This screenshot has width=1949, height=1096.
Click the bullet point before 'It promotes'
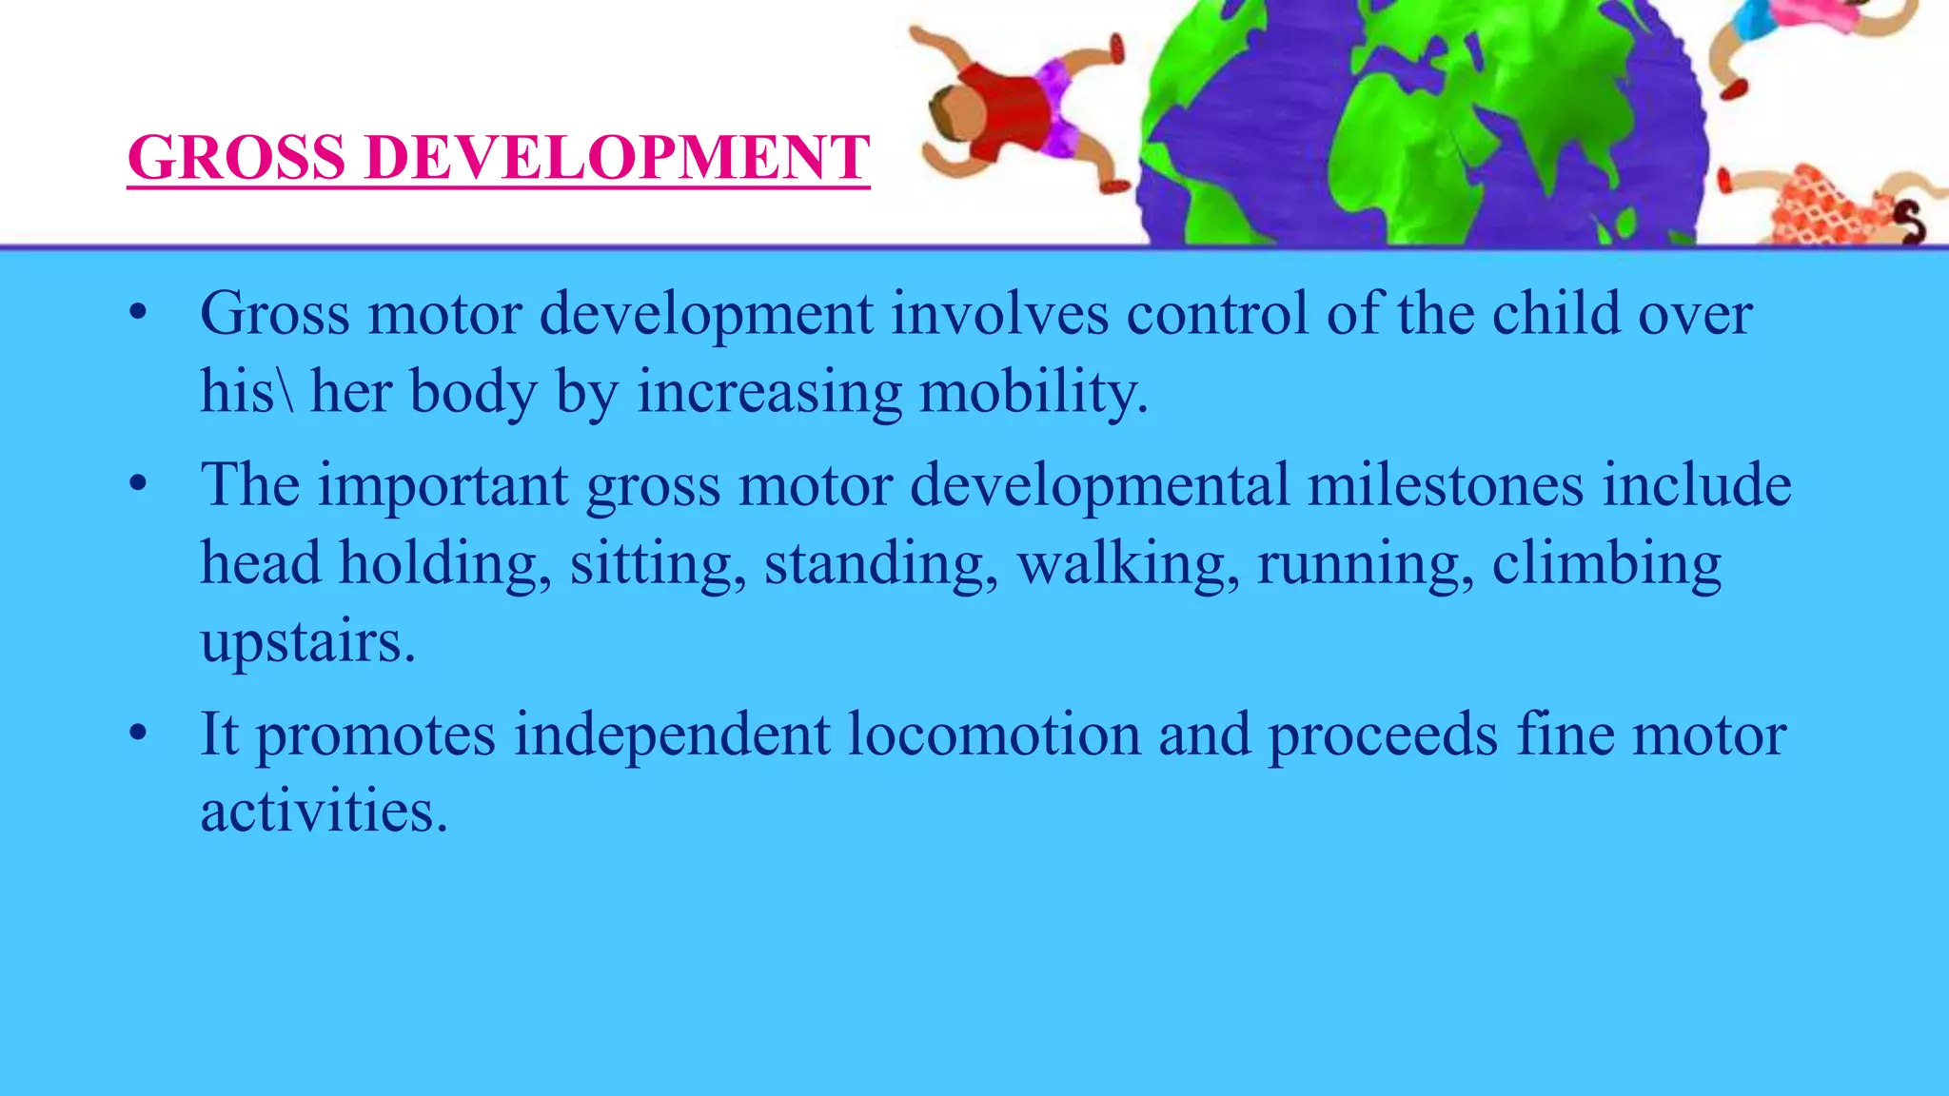click(139, 734)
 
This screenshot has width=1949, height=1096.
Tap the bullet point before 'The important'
click(139, 484)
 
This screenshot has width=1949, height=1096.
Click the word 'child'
click(1555, 314)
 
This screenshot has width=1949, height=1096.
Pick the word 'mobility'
click(1032, 392)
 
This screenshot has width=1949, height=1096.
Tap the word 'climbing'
click(1606, 563)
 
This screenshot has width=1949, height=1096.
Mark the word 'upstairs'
click(306, 641)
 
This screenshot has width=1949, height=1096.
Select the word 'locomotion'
click(994, 734)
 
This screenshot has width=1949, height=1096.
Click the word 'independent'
click(672, 734)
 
